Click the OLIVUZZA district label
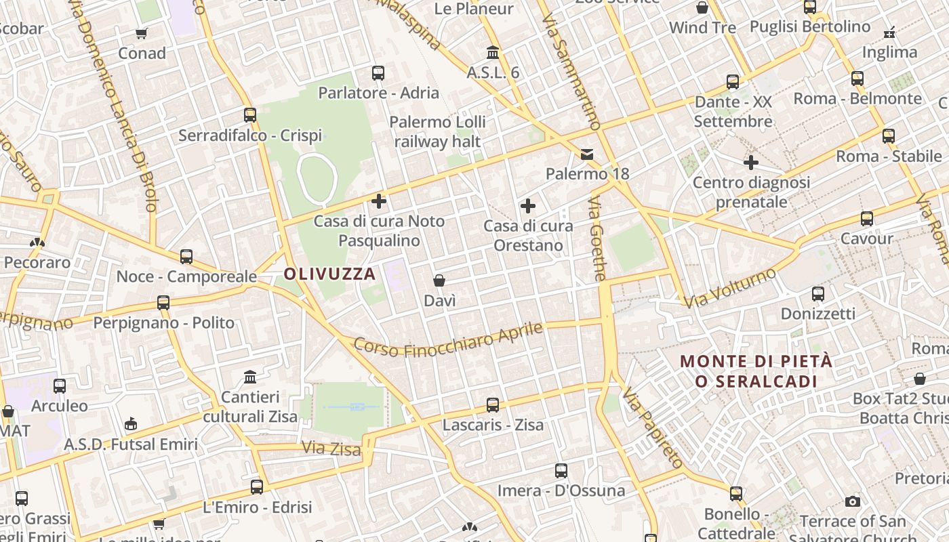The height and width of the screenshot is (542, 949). point(329,274)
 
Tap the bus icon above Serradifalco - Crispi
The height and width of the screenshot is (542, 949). point(250,114)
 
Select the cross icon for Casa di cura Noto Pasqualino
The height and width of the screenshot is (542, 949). point(379,201)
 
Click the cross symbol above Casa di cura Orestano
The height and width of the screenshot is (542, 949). point(528,206)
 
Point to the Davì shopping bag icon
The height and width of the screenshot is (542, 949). point(439,280)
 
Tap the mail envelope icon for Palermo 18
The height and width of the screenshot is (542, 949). point(587,154)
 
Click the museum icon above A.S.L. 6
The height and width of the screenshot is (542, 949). point(493,52)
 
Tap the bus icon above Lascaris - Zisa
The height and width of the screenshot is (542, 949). point(493,405)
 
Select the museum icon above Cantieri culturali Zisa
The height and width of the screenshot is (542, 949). point(250,377)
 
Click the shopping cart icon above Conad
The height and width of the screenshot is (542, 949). point(142,33)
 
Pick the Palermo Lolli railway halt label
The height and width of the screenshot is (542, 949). point(438,132)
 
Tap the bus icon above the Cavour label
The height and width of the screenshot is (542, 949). point(867,219)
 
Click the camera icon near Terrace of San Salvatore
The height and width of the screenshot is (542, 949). point(853,501)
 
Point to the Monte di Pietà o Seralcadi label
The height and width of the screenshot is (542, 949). point(756,371)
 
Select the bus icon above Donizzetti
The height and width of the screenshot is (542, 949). point(818,294)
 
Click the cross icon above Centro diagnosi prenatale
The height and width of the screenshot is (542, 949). point(751,163)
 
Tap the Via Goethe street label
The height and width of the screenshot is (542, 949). point(597,239)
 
